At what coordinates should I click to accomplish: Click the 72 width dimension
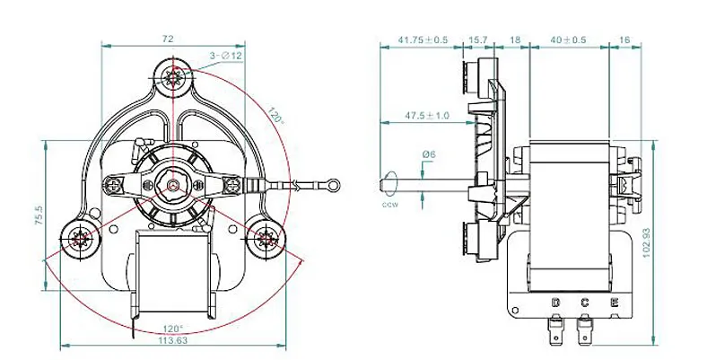[167, 40]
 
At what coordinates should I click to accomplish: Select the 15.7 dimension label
[477, 40]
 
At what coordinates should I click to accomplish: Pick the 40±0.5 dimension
[569, 40]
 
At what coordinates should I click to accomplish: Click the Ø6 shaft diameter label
[429, 154]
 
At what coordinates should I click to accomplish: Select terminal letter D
[555, 302]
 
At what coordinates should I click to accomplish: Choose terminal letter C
[584, 302]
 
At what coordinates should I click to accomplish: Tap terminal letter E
[614, 302]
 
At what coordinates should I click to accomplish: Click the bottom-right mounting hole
[266, 239]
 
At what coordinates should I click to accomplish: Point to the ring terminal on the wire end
[334, 187]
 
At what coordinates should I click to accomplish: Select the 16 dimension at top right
[624, 40]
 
